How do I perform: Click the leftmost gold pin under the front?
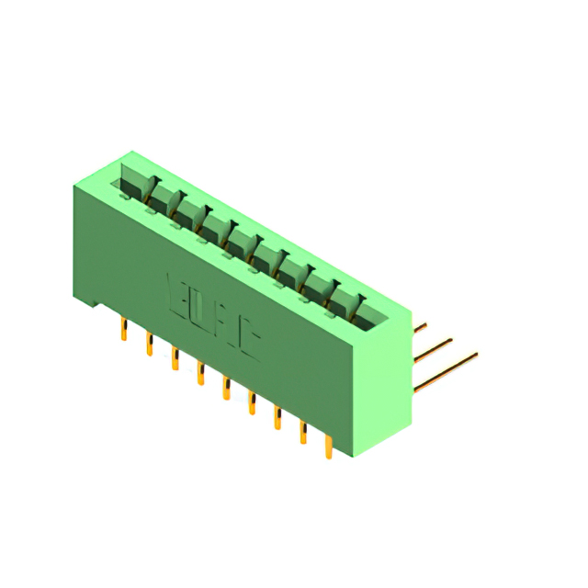(x=123, y=330)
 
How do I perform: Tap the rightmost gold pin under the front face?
(x=328, y=447)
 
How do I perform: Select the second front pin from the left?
(x=149, y=345)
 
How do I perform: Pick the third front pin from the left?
(x=174, y=358)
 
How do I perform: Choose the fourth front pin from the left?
(x=199, y=373)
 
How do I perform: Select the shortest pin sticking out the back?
(x=420, y=326)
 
